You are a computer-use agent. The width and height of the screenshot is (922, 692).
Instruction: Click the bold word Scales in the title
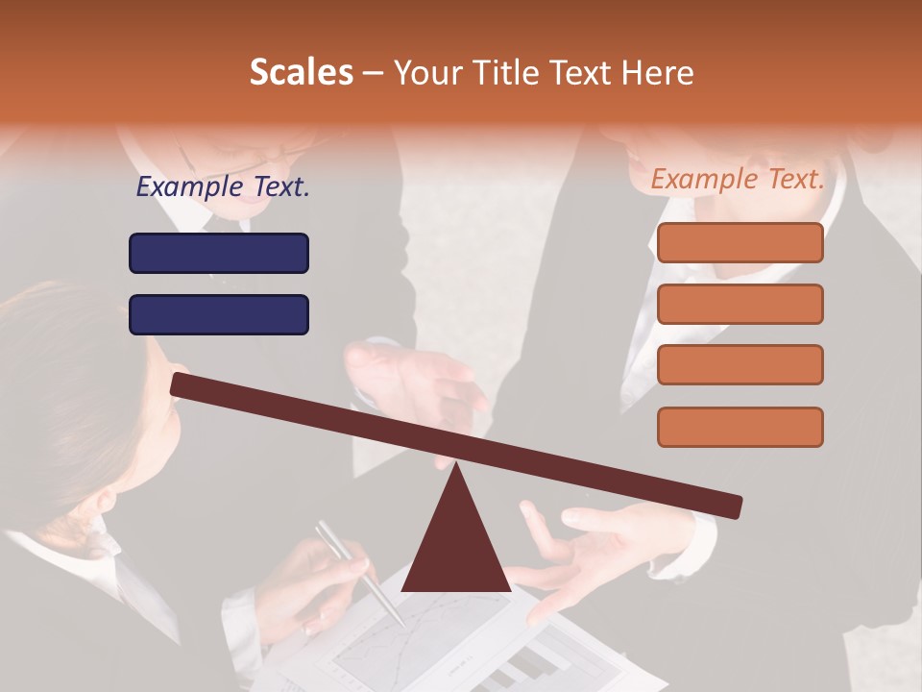coord(301,72)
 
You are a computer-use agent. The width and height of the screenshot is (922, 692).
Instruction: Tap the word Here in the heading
coord(658,73)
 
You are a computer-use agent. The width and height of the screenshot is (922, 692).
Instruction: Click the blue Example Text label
coord(222,187)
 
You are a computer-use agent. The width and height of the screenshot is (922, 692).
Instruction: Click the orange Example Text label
coord(738,179)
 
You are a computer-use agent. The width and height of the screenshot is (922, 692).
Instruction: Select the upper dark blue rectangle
coord(219,253)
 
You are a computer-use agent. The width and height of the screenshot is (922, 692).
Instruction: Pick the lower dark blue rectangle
coord(219,314)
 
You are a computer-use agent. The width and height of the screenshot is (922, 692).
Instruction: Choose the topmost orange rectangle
coord(740,242)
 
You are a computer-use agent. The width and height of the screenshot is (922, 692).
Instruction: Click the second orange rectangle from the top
coord(740,304)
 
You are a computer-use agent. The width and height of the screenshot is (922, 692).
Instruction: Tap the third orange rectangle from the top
coord(740,364)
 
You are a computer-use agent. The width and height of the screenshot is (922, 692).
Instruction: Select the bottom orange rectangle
coord(740,427)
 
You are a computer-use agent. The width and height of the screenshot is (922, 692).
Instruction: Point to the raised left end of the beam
coord(182,384)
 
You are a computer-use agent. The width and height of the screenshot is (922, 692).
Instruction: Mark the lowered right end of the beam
coord(730,506)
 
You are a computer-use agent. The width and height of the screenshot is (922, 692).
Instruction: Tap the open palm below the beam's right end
coord(595,557)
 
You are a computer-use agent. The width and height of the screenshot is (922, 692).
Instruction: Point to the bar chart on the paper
coord(523,663)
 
